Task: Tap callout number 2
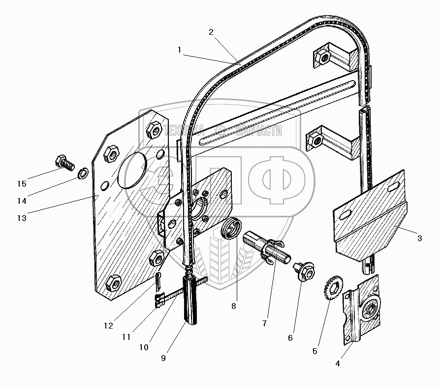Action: (211, 32)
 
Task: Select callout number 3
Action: (419, 239)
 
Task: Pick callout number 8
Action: (234, 305)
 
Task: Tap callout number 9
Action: (163, 358)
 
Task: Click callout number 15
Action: (21, 184)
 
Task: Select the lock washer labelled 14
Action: (83, 173)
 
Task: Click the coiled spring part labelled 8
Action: (231, 228)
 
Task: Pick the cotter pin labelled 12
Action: (158, 281)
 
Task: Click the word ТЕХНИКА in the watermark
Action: (184, 131)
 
